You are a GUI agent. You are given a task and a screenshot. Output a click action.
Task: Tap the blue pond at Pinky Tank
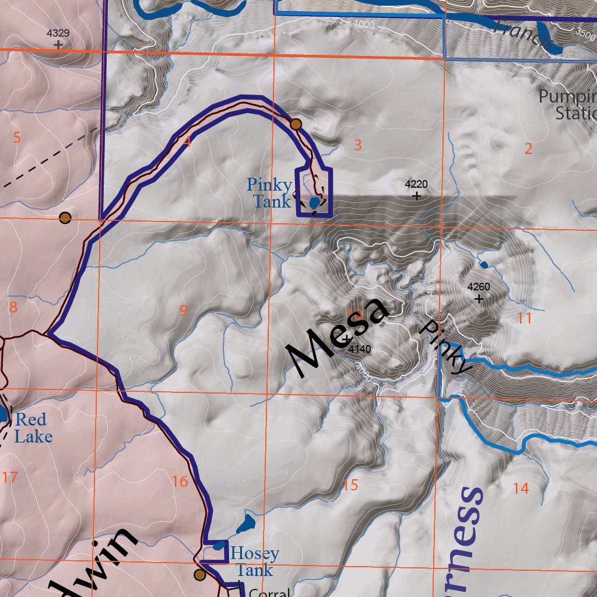coord(314,203)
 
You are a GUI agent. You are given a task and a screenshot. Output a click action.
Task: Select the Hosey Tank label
coord(255,561)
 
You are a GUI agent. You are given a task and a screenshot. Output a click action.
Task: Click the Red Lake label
coord(32,428)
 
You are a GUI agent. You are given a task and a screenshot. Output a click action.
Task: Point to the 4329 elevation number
coord(58,33)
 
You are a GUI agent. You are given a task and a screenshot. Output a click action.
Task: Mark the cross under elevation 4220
coord(416,196)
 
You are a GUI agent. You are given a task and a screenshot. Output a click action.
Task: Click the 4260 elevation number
coord(479,287)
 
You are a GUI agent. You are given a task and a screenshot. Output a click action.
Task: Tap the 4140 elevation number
coord(359,349)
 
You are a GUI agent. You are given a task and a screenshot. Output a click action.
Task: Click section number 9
coord(184,311)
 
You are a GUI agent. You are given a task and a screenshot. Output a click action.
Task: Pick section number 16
coord(180,482)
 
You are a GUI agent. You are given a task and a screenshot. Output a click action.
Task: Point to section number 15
coord(350,484)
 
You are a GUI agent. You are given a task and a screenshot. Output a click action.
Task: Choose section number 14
coord(521,488)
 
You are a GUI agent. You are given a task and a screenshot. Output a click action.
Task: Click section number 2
coord(528,149)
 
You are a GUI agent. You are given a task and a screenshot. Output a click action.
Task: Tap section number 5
coord(16,138)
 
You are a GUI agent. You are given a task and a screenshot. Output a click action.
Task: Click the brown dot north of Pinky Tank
coord(296,124)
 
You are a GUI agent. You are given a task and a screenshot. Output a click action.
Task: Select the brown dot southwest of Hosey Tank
coord(200,575)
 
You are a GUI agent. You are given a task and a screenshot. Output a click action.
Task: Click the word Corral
coord(269,592)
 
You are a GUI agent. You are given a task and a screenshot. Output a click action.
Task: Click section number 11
coord(525,318)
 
